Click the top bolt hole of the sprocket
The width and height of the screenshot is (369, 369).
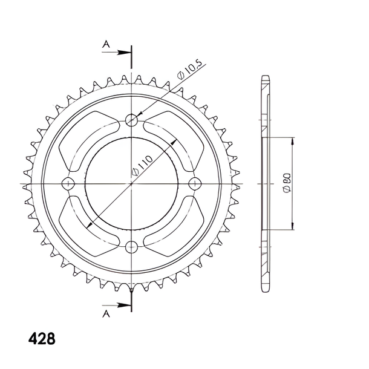[x=131, y=120]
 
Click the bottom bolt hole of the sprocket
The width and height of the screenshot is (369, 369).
[x=131, y=247]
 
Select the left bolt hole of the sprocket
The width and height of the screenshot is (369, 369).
[x=68, y=183]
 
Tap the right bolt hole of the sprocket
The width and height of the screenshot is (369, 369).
[x=195, y=183]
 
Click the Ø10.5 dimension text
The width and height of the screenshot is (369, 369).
[x=189, y=70]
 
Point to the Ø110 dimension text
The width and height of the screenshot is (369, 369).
[x=142, y=165]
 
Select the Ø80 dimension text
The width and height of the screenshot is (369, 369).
[x=287, y=184]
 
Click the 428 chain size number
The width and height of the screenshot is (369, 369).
[x=42, y=339]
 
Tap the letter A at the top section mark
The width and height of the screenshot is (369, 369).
[x=106, y=44]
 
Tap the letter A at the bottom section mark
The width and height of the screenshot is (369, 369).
[x=106, y=313]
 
